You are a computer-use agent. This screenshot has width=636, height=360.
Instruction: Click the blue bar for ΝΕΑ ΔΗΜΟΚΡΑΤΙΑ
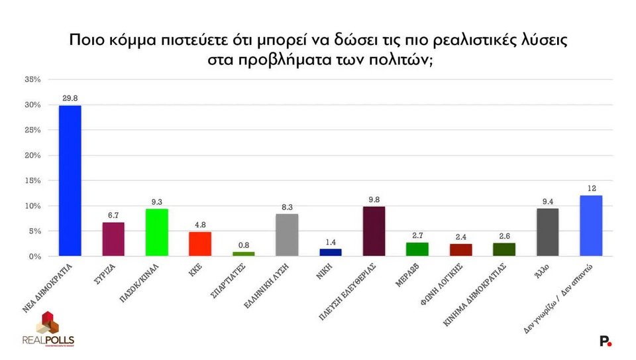70,180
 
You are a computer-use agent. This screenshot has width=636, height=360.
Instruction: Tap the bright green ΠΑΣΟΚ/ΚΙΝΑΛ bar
157,232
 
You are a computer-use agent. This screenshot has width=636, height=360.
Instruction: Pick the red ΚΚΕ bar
200,243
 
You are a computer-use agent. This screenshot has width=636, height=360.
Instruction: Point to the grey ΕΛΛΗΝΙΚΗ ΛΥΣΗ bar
287,235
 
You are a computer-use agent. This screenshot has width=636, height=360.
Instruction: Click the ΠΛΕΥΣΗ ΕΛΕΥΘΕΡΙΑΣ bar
374,231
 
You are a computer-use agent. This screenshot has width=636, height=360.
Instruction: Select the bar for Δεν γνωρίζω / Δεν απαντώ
591,225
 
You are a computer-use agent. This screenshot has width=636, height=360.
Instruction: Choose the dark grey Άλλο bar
547,232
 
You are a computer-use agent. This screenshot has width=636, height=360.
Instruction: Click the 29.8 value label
70,97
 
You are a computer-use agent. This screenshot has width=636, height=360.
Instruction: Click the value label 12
591,188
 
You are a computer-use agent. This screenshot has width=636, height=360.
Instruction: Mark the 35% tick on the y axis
32,80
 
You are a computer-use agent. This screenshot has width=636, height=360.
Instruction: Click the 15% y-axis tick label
32,180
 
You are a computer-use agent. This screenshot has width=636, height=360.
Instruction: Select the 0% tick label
35,256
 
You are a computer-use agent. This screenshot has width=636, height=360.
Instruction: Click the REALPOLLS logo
48,332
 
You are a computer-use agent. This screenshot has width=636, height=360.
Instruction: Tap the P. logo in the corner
606,341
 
